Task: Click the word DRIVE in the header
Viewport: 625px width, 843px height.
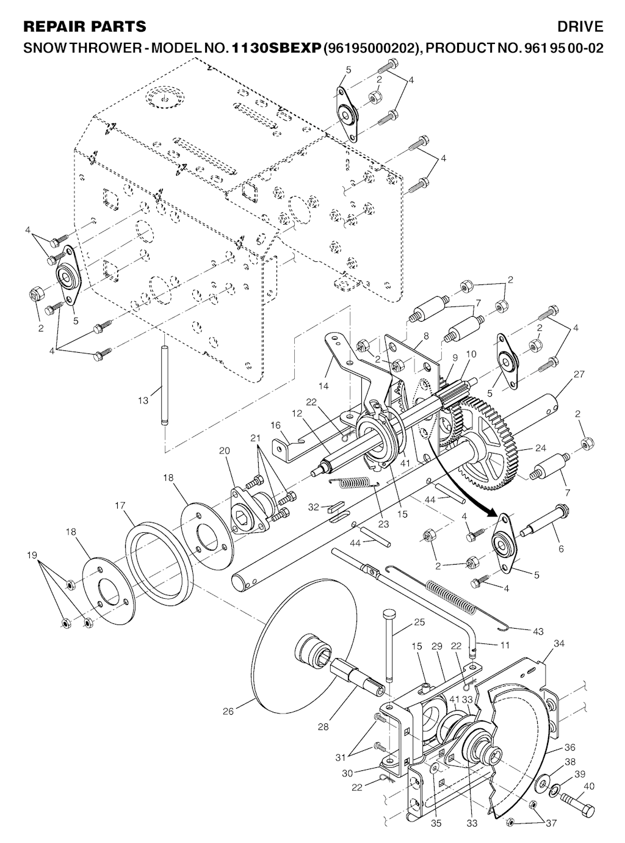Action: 580,26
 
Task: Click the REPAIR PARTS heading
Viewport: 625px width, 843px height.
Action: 84,26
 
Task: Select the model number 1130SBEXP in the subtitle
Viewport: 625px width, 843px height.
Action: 276,48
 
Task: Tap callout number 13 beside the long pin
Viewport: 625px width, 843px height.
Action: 143,400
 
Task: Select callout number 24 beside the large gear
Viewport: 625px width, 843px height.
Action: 540,448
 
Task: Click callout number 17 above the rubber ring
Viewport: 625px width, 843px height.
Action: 120,505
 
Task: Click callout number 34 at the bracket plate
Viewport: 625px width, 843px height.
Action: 559,643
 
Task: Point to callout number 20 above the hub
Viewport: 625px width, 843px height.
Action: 225,450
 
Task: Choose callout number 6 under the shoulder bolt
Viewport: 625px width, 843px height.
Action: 561,549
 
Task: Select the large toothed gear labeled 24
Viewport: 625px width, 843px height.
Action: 488,440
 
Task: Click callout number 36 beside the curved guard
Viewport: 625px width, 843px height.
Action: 570,747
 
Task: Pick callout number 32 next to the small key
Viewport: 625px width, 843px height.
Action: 313,507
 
